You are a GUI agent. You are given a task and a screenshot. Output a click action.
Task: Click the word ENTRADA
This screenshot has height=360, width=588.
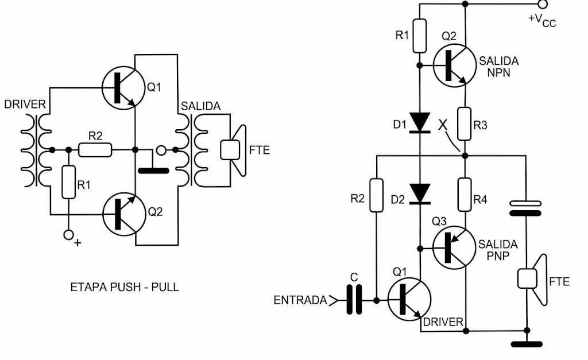point(300,300)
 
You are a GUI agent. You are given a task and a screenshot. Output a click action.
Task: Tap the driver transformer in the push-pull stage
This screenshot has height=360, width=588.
point(35,150)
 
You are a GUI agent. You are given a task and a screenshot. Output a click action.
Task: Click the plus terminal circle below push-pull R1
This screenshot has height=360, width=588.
point(68,234)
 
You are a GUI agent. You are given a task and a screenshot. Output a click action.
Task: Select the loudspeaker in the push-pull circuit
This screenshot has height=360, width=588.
point(233,150)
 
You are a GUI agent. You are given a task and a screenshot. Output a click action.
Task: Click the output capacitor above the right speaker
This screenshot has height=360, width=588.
point(526,208)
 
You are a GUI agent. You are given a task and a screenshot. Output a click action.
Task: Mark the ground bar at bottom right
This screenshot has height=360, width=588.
point(526,344)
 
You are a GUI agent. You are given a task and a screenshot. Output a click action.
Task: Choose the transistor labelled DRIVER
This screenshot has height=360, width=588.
point(408,300)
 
